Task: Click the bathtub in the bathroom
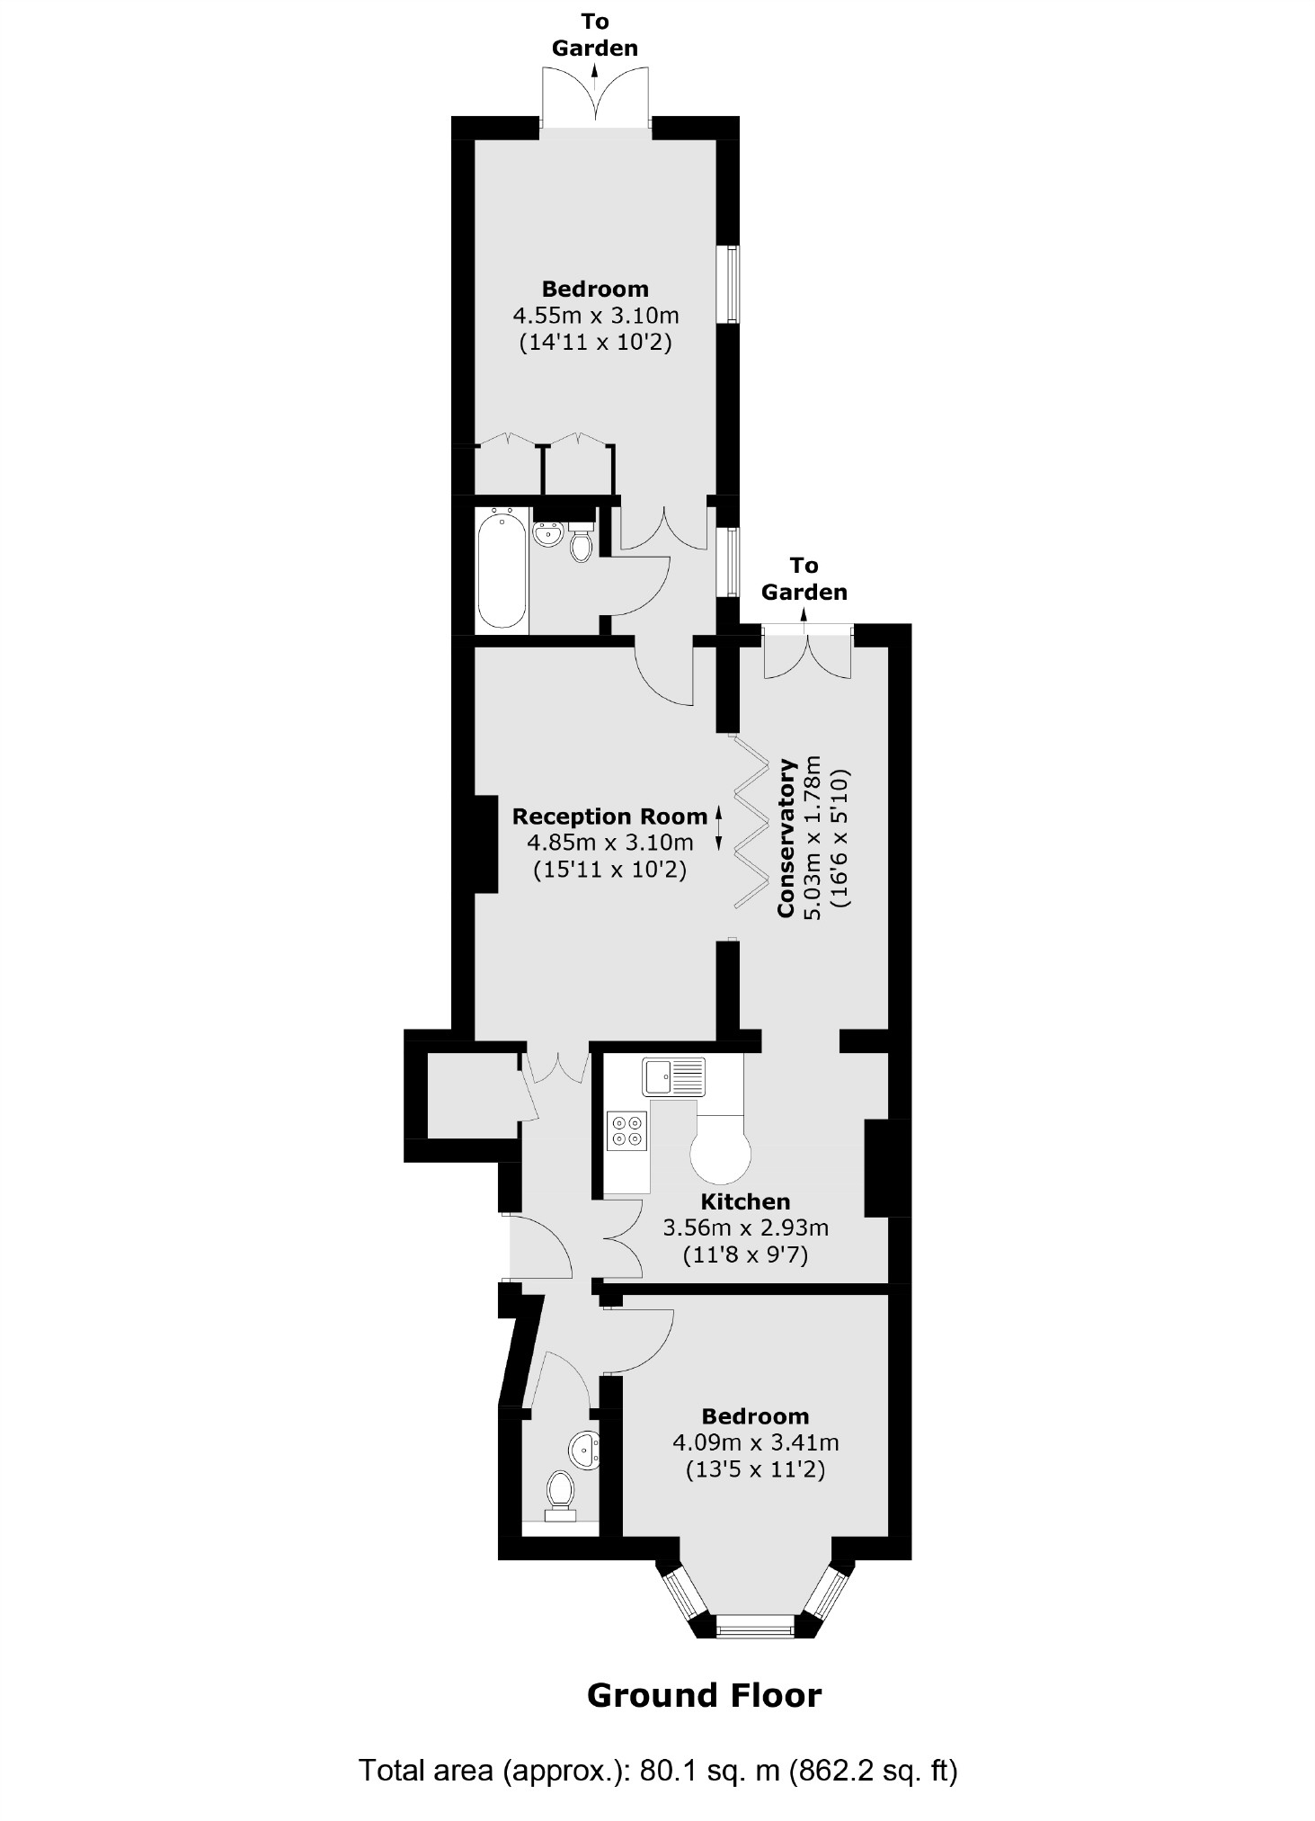pos(501,569)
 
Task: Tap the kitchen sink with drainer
pos(673,1076)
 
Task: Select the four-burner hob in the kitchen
pos(626,1130)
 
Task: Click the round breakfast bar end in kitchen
pos(720,1156)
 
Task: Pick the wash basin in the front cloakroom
pos(583,1450)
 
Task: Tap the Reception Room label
pos(609,817)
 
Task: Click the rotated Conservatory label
pos(786,839)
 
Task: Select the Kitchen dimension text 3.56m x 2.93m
pos(745,1227)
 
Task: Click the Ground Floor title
pos(704,1695)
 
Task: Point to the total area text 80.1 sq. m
pos(658,1771)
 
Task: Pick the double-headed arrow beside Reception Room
pos(718,828)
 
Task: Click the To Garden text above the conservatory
pos(804,578)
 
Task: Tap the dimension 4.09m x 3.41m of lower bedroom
pos(755,1442)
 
